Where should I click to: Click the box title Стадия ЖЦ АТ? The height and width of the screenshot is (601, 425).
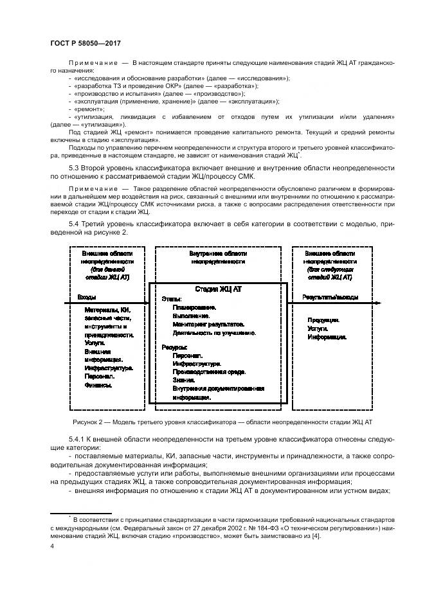(215, 289)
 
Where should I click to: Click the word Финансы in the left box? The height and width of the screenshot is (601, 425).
(98, 386)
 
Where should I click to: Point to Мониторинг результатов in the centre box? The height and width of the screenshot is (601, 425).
(205, 325)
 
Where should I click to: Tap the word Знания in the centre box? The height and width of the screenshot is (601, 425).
(184, 381)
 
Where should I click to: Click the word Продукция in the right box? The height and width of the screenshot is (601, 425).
(323, 320)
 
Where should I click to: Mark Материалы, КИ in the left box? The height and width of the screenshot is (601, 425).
(107, 310)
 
